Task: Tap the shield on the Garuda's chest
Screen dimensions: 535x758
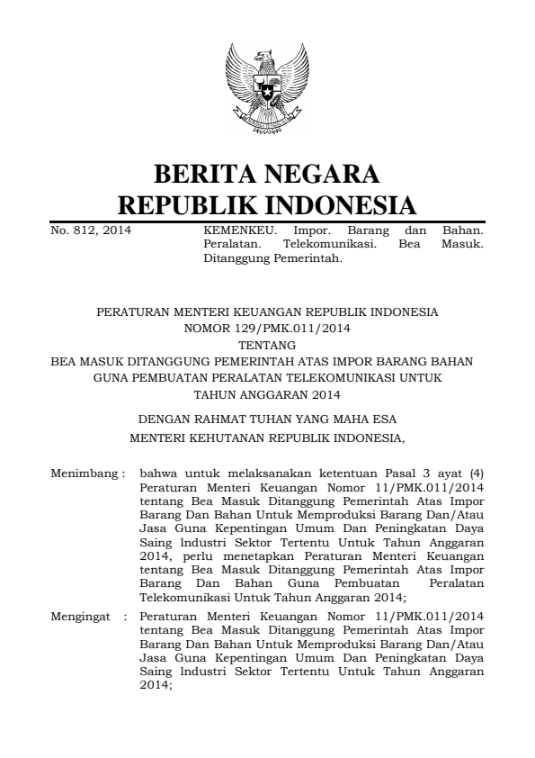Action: (x=267, y=91)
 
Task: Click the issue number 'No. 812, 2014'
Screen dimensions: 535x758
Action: (x=90, y=230)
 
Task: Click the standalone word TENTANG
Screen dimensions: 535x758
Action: (x=267, y=344)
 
